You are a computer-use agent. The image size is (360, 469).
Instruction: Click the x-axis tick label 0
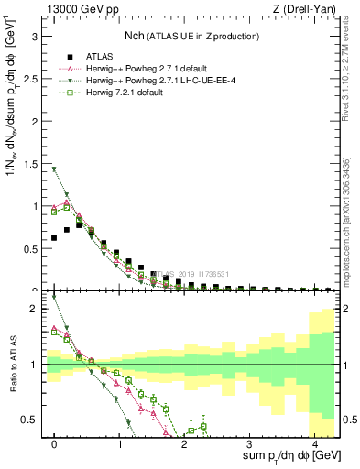[x=55, y=443]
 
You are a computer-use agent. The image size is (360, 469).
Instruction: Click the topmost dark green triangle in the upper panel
[x=55, y=169]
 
